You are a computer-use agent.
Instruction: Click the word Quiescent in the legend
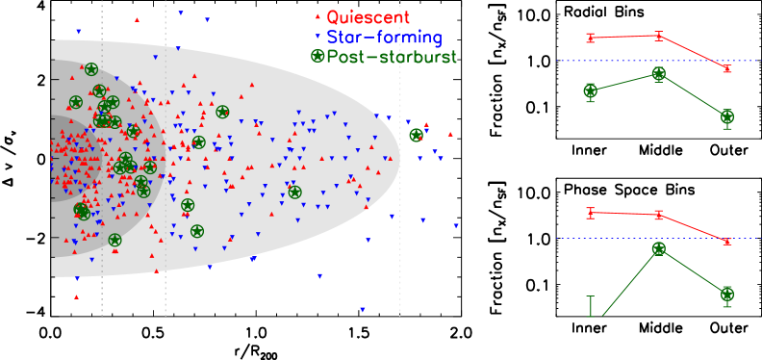pos(368,17)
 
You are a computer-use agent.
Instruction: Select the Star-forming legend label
pos(384,38)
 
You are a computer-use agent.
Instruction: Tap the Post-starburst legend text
pos(392,57)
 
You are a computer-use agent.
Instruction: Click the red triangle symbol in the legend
pos(317,17)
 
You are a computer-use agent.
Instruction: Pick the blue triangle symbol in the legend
pos(317,38)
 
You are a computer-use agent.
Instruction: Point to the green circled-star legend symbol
pos(317,57)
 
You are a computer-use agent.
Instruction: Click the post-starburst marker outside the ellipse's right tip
pos(416,135)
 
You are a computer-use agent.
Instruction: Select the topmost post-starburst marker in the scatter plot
pos(91,69)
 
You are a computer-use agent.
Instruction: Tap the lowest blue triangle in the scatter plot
pos(363,310)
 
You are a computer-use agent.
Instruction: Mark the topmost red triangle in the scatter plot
pos(138,19)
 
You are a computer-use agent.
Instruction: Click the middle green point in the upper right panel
pos(659,74)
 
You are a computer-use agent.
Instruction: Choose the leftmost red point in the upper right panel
pos(591,38)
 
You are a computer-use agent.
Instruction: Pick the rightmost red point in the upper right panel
pos(727,69)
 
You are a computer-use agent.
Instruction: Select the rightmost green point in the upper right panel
pos(727,117)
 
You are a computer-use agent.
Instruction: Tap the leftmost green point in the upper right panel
pos(591,91)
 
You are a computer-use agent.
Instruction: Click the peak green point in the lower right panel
pos(659,248)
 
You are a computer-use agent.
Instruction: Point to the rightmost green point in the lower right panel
pos(727,295)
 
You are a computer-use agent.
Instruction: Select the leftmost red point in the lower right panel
pos(591,212)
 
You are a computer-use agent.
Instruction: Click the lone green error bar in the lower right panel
pos(591,306)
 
